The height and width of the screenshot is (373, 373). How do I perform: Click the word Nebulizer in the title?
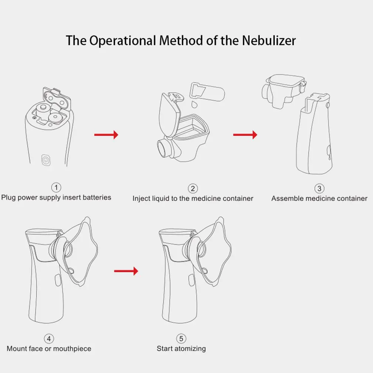269,41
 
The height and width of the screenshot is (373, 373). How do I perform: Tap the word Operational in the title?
123,41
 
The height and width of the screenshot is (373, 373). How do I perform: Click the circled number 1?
56,188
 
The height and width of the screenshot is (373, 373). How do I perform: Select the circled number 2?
193,188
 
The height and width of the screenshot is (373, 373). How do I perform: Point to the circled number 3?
319,188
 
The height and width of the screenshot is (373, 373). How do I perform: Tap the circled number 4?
49,339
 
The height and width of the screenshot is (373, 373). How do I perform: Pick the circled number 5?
181,339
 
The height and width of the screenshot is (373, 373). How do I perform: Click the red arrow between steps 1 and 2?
106,135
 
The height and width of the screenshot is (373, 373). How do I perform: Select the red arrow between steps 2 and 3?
245,135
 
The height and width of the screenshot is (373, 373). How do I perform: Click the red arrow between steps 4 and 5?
126,271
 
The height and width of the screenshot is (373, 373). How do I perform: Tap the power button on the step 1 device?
46,160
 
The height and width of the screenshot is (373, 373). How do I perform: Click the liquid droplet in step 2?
194,105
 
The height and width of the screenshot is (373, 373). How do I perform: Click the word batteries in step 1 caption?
97,198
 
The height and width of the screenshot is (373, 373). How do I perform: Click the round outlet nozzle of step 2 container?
164,148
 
